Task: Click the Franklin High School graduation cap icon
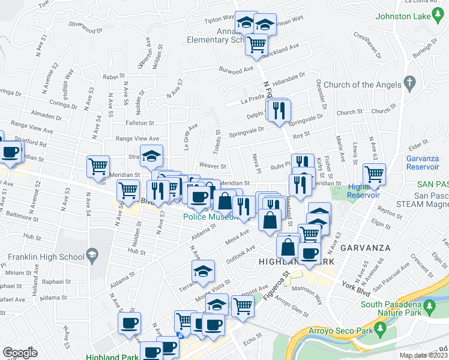coord(92,256)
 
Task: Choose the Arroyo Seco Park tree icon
coord(379,328)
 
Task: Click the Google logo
coord(20,353)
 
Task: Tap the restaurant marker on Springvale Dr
coord(278,110)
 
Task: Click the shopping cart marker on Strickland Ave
coord(256,44)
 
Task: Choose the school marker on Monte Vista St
coord(203,271)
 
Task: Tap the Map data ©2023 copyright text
coord(423,355)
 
